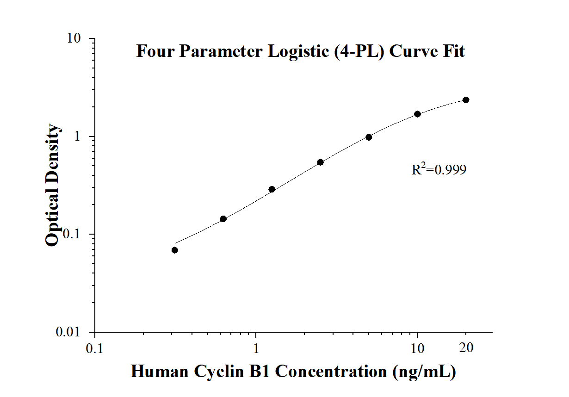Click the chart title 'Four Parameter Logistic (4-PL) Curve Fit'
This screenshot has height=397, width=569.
click(300, 51)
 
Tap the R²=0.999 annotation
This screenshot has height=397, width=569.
click(439, 170)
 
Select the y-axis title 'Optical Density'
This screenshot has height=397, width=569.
click(53, 185)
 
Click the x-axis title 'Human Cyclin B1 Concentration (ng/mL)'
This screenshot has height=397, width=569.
click(293, 371)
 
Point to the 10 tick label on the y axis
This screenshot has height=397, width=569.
click(75, 39)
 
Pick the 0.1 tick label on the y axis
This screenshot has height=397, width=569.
click(73, 235)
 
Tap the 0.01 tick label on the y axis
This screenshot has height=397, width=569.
click(69, 333)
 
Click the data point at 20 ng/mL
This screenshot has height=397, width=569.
click(466, 100)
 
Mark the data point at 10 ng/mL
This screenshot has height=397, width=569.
click(417, 114)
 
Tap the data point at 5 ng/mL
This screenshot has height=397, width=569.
click(369, 137)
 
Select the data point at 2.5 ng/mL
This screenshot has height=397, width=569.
click(320, 162)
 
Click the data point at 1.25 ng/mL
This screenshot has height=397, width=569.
click(272, 189)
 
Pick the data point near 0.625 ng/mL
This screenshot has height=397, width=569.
click(223, 219)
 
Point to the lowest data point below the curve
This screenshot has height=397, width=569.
click(174, 250)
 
